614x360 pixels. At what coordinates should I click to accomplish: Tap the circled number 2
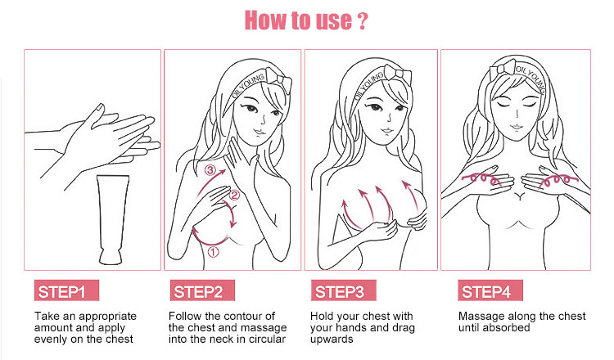click(233, 195)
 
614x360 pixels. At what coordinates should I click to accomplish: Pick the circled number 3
click(210, 171)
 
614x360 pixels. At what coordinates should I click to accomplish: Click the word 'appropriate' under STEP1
click(109, 316)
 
